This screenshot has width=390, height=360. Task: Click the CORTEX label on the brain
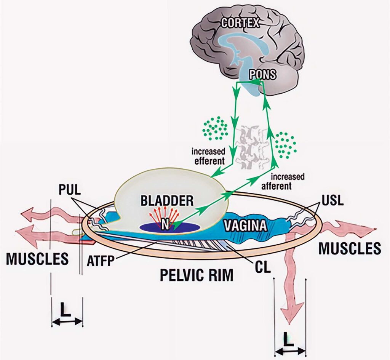(240, 23)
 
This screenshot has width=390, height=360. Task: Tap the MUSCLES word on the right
(350, 248)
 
